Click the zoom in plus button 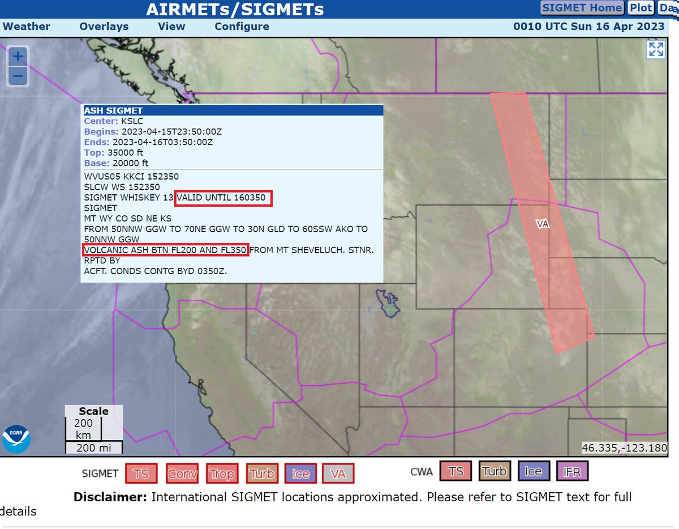click(18, 56)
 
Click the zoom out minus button click(18, 75)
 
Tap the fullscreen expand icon click(656, 50)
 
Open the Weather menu click(27, 27)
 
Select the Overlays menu click(104, 27)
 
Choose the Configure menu click(242, 27)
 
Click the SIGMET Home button click(582, 8)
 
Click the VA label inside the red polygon click(543, 224)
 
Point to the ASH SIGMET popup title click(113, 110)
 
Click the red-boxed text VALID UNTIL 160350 click(224, 198)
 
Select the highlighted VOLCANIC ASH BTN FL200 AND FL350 click(165, 250)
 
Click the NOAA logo click(16, 439)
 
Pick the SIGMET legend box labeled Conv click(182, 473)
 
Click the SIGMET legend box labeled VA click(338, 473)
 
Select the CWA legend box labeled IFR click(572, 471)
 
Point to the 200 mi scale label click(93, 448)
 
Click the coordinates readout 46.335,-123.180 click(625, 448)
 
